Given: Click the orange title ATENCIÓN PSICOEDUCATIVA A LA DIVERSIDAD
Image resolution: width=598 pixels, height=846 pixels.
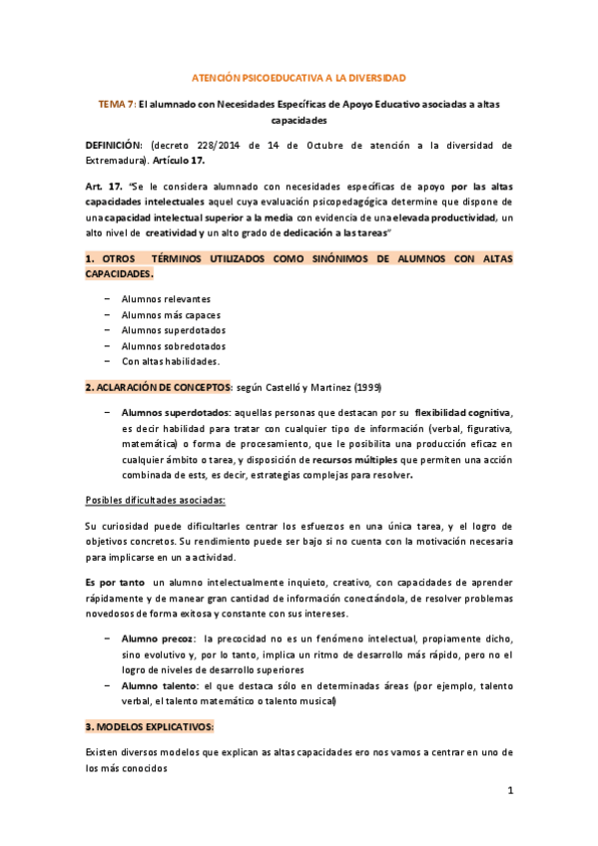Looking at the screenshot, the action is click(299, 77).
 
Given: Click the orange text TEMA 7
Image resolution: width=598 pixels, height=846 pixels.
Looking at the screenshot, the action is click(114, 103).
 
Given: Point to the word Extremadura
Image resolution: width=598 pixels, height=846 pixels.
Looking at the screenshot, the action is click(115, 159).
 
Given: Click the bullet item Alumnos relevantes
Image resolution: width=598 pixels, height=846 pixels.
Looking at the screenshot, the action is click(165, 298).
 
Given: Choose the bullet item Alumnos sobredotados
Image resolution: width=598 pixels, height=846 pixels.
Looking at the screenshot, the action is click(173, 345).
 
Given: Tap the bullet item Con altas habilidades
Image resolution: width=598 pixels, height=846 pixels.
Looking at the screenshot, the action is click(170, 361).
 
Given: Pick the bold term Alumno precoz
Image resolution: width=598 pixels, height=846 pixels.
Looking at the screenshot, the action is click(155, 636).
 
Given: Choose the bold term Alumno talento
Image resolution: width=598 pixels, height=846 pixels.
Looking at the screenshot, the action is click(156, 685).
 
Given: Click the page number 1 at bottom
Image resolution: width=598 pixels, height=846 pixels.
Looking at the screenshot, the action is click(509, 791).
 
